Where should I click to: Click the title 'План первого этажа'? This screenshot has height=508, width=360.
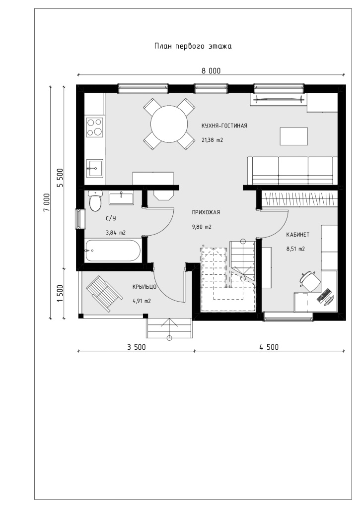193,46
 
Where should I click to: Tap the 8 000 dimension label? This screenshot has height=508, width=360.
211,71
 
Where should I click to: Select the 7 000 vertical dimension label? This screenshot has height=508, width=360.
47,203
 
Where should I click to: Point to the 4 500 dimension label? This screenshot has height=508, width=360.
269,347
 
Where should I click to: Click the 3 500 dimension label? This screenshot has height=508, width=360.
136,347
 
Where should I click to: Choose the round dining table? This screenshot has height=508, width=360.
169,124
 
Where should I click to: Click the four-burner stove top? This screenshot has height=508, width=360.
95,127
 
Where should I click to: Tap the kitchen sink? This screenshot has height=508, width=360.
94,168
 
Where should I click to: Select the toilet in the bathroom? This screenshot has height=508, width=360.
95,201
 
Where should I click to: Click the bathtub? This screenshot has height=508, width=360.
113,251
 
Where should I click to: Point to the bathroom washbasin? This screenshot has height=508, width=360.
121,198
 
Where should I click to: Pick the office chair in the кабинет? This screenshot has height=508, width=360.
309,280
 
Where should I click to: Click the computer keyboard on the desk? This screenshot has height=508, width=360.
324,294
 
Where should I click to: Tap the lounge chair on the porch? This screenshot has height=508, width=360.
104,294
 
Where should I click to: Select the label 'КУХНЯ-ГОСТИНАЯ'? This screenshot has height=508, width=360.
224,126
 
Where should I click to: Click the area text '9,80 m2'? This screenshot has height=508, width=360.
202,227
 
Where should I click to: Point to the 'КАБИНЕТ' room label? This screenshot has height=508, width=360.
297,235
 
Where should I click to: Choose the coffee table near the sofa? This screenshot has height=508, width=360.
294,136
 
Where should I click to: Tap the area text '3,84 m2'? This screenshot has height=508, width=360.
116,233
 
